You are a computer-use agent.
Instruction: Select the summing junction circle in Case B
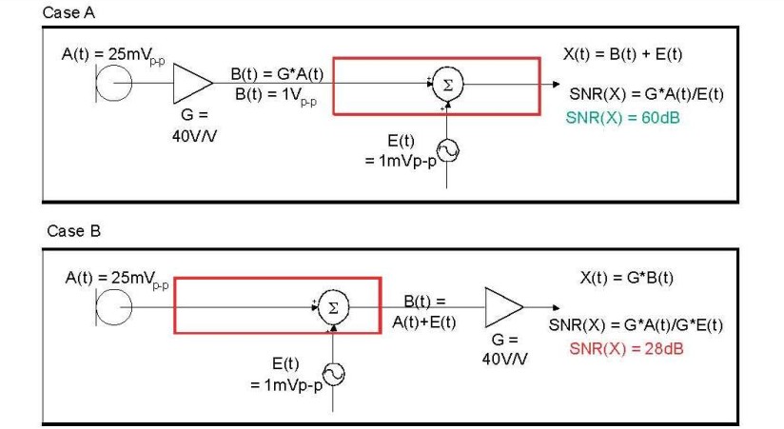[x=331, y=306]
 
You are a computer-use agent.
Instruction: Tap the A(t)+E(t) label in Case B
[x=424, y=322]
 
